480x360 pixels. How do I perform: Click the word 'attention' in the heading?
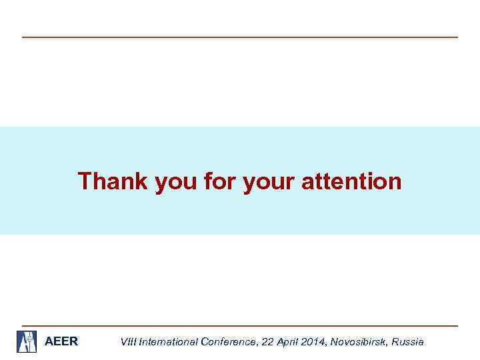click(351, 181)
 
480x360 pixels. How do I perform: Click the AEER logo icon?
click(27, 341)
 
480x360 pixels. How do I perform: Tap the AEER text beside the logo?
click(61, 341)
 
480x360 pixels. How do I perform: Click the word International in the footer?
click(167, 342)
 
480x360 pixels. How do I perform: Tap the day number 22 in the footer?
click(268, 342)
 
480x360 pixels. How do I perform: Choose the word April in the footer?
click(287, 342)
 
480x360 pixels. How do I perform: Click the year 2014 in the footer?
click(313, 342)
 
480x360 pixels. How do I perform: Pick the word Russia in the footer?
click(407, 342)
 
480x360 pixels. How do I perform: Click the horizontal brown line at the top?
click(240, 37)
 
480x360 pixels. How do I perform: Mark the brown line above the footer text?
click(240, 326)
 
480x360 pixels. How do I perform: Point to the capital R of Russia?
click(395, 342)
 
